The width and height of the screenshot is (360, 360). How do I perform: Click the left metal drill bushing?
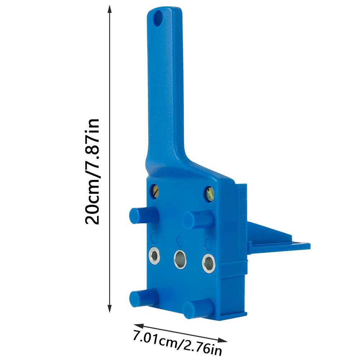pos(154,255)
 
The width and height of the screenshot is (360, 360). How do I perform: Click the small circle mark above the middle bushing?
pos(180,239)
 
